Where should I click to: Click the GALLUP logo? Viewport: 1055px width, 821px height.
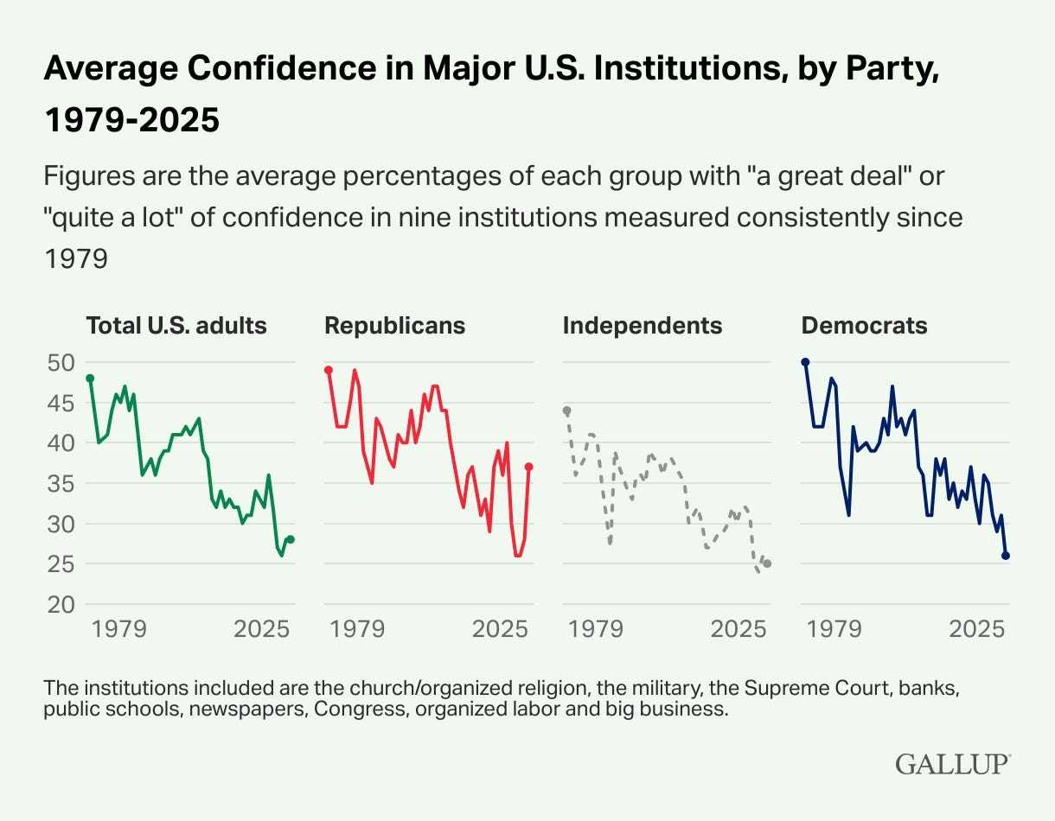point(952,764)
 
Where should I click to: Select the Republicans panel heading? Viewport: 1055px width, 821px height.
point(394,326)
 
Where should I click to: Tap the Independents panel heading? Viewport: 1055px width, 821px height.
point(643,326)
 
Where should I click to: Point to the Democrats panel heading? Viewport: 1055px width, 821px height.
point(864,326)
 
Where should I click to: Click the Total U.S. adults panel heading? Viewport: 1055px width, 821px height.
point(176,326)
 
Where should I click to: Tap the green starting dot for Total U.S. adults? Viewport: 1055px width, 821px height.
point(90,379)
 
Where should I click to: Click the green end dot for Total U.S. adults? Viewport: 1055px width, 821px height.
point(291,539)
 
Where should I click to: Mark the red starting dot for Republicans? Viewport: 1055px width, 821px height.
point(329,370)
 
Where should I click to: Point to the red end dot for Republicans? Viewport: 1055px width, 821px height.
point(528,467)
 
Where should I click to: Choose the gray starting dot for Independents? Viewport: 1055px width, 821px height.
point(567,410)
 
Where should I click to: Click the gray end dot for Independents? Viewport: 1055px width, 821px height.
point(767,563)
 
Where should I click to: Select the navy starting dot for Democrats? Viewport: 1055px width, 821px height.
point(805,362)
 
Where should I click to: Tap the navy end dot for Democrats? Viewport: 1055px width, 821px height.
point(1006,556)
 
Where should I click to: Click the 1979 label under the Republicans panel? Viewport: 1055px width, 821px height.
point(357,628)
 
